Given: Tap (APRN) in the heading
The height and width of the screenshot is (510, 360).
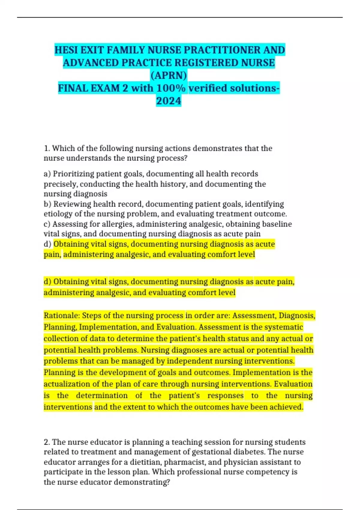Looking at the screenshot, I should pos(169,75).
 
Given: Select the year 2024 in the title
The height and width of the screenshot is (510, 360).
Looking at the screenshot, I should pos(169,101).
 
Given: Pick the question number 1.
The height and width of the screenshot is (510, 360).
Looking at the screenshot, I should pos(46,148).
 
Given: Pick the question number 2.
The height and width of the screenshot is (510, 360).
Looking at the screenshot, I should pos(46,442).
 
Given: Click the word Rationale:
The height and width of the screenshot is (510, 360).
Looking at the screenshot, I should pos(62,316).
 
